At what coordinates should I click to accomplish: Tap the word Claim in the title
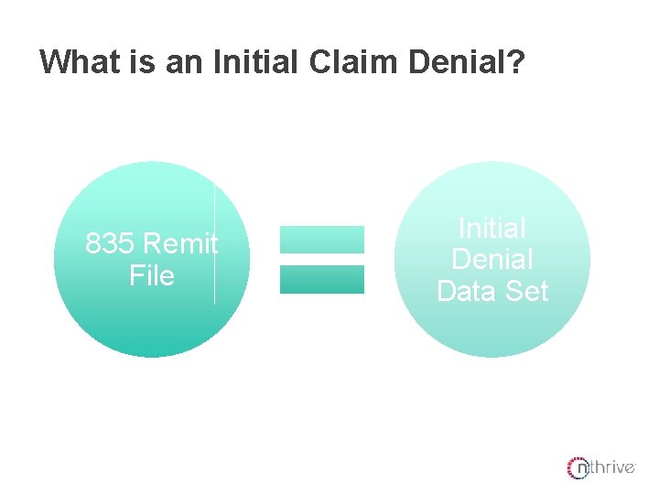[x=330, y=61]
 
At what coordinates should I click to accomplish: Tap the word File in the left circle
[x=152, y=275]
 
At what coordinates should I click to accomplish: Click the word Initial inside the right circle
[x=492, y=228]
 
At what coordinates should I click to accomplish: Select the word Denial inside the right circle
[x=492, y=259]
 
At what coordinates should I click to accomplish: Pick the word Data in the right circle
[x=467, y=291]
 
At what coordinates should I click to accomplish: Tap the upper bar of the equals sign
[x=321, y=240]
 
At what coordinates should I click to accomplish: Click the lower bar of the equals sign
[x=321, y=279]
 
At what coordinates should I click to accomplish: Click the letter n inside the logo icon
[x=580, y=469]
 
